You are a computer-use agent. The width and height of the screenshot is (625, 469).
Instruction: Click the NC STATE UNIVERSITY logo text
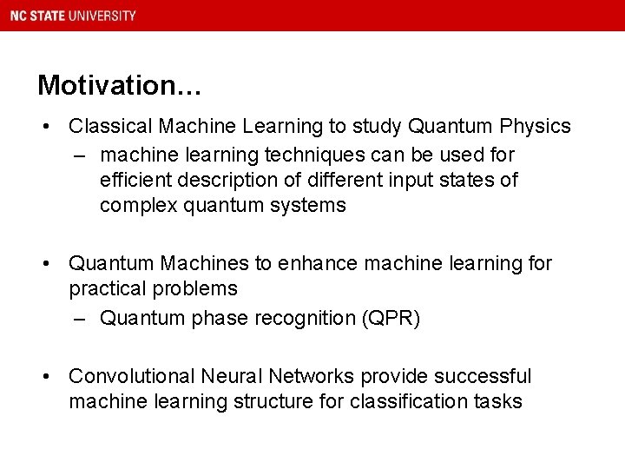tap(73, 16)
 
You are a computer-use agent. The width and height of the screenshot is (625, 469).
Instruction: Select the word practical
tap(105, 287)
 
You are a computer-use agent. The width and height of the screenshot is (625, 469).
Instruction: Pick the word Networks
tap(311, 376)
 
